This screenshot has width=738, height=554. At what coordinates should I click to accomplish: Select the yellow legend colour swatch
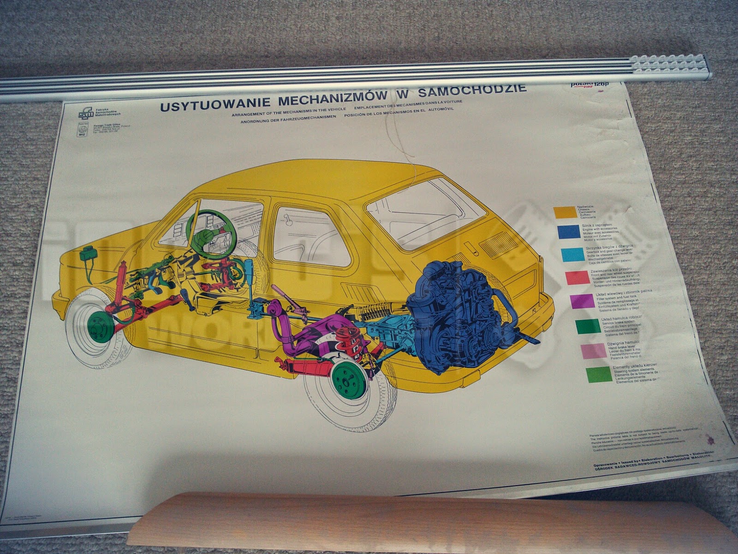point(565,212)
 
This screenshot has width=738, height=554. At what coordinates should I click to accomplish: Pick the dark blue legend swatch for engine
point(569,232)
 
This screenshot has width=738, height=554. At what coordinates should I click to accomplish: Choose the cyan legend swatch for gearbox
point(572,254)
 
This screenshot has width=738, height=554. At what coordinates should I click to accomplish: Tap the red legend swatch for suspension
point(577,277)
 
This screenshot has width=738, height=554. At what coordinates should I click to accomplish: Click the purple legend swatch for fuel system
point(582,301)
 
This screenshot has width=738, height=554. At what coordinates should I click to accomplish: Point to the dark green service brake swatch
point(588,326)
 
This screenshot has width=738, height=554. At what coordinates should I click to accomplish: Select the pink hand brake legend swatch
point(594,351)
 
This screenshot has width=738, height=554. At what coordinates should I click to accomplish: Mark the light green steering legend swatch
point(599,375)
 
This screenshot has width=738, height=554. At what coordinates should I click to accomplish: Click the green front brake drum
point(101,326)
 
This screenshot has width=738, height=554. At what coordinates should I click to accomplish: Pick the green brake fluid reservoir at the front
point(86,254)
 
